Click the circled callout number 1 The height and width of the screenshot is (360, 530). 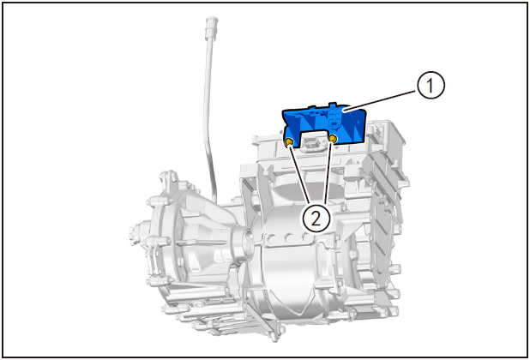430,86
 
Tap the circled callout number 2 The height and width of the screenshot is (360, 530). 316,219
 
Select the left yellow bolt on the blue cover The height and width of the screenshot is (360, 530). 289,142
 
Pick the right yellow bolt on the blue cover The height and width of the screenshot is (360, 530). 333,139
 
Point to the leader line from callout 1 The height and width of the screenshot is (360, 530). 382,100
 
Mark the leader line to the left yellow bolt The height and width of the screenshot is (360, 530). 300,175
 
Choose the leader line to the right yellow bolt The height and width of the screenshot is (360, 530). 328,172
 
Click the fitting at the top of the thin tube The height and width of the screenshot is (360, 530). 211,27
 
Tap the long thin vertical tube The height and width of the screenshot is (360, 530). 208,115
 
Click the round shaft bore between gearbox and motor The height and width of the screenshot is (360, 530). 246,241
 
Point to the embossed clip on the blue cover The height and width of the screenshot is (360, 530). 334,119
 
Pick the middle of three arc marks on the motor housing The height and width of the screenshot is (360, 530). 288,237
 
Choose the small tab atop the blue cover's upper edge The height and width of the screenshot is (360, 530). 333,103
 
